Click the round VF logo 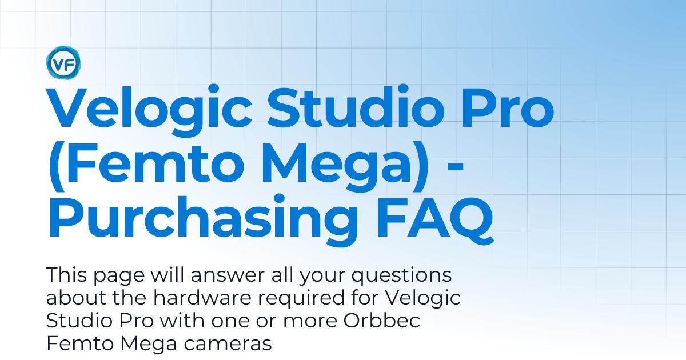(63, 63)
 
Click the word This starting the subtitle (64, 275)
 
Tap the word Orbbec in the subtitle (382, 321)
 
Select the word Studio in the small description (75, 321)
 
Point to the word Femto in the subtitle (72, 343)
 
